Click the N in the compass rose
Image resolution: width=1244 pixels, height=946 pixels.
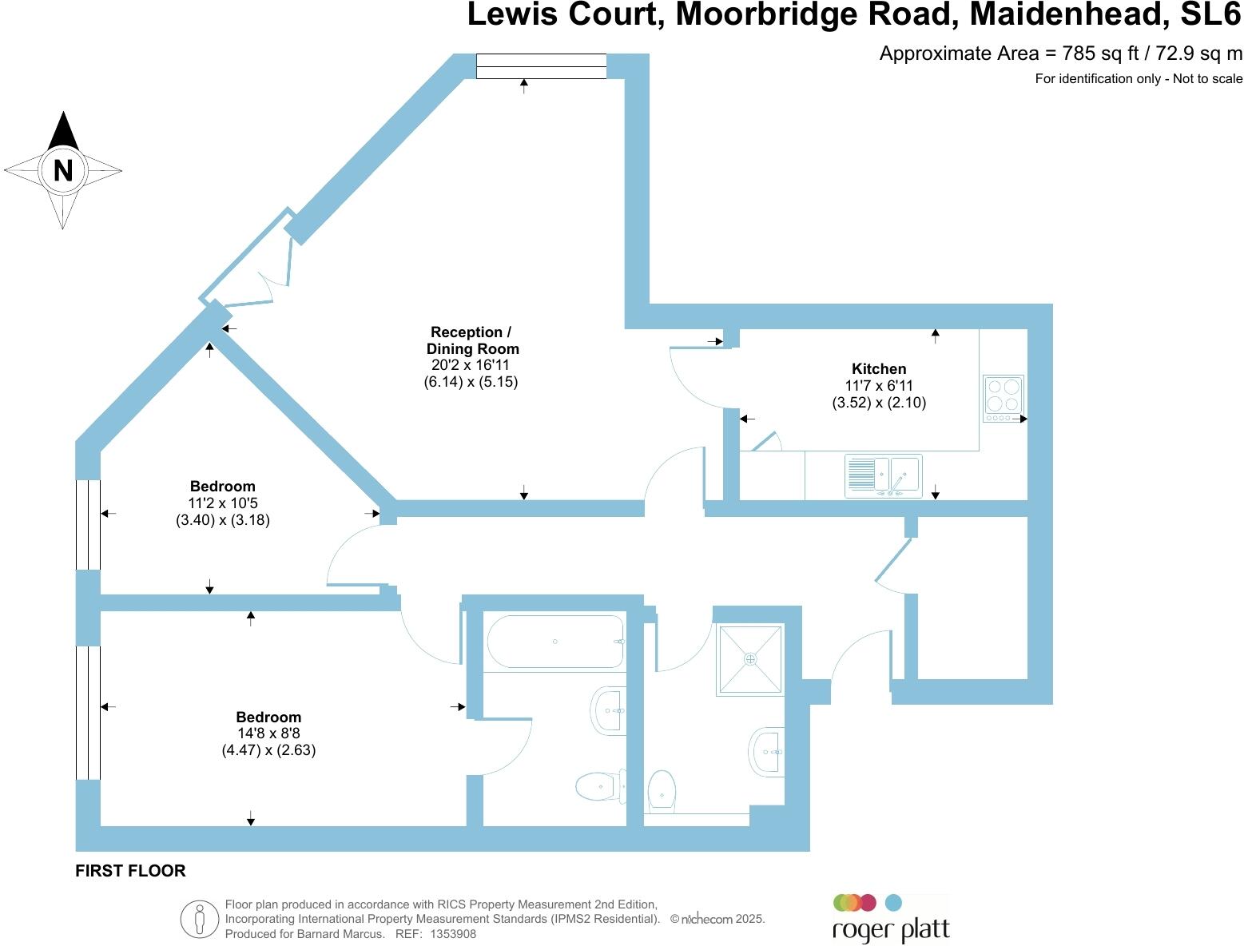click(x=62, y=170)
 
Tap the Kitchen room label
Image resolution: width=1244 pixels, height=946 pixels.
click(x=879, y=368)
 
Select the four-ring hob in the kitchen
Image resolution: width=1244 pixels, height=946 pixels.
click(x=1003, y=399)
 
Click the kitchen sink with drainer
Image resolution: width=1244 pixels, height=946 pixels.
click(x=883, y=476)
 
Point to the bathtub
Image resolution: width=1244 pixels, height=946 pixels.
click(x=555, y=642)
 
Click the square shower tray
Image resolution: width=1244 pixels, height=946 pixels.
click(x=749, y=659)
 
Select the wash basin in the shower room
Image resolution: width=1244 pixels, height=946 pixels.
click(x=767, y=752)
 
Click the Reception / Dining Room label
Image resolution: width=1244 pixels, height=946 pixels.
click(x=471, y=340)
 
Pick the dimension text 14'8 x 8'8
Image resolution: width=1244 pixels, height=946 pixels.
click(x=268, y=733)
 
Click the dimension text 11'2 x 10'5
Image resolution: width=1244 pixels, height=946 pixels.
click(x=223, y=503)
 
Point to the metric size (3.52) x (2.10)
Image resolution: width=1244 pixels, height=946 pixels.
click(x=879, y=403)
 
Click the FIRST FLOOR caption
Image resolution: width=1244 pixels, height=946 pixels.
click(x=130, y=871)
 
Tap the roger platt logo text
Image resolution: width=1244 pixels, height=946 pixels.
click(x=891, y=930)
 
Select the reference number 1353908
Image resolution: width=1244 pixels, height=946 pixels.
click(x=453, y=933)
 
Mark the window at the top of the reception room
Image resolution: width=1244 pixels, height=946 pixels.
click(x=541, y=66)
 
